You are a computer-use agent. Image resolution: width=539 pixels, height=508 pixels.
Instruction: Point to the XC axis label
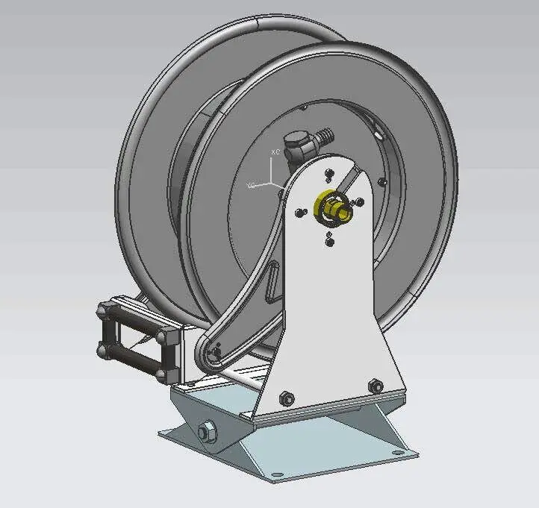(275, 151)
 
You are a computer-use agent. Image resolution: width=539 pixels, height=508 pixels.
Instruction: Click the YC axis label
(252, 184)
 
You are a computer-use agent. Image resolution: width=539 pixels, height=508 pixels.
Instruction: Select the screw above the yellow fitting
(327, 175)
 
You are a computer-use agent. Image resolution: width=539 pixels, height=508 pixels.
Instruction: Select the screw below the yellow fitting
(328, 239)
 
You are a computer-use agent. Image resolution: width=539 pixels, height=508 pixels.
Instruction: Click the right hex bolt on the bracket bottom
(376, 386)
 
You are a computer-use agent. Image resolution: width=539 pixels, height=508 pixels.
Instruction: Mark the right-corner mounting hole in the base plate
(408, 450)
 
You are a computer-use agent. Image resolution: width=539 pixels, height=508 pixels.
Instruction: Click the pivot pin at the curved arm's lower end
(215, 351)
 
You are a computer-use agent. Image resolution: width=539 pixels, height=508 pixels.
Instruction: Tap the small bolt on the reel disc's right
(382, 181)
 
